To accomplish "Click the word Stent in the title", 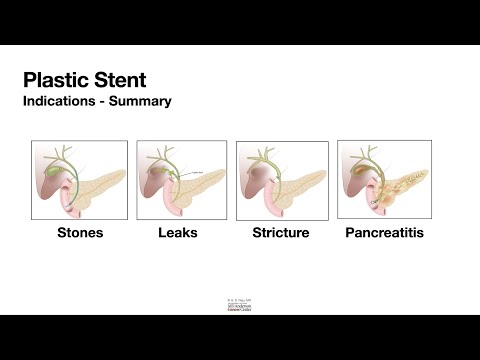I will coord(122,80).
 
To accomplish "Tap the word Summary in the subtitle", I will coord(145,101).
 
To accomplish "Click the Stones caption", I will coord(80,233).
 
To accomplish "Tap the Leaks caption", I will coord(178,233).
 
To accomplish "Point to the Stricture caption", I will coord(281,233).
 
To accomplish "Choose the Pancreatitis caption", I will coord(385,233).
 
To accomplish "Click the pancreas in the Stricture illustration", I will coord(303,185).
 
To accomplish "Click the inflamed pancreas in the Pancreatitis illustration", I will coord(405,185).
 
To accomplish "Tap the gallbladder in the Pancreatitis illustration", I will coord(352,169).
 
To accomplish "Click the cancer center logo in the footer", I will coord(240,305).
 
